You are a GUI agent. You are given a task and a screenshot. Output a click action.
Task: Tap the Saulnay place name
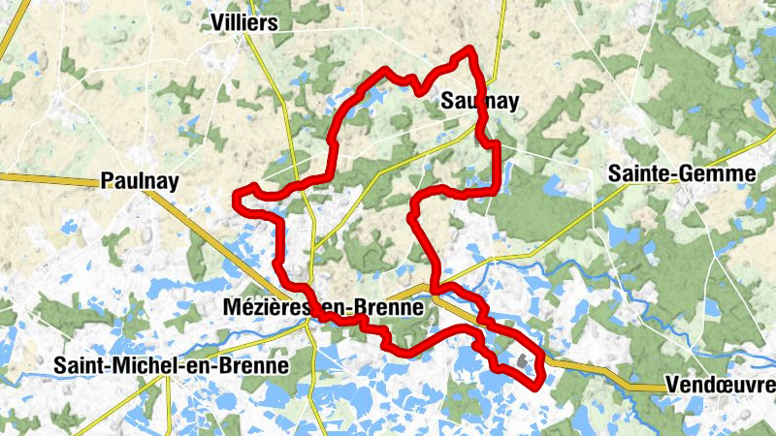click(x=479, y=101)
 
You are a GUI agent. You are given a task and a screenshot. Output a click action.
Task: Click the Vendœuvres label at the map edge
click(x=721, y=385)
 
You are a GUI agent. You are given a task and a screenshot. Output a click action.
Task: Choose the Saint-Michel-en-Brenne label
click(x=172, y=366)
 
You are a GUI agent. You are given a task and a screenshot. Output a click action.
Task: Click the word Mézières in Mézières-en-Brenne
click(x=253, y=308)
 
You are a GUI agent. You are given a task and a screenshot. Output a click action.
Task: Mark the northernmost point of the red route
click(x=470, y=47)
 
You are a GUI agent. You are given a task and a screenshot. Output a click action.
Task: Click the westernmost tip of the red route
click(x=237, y=200)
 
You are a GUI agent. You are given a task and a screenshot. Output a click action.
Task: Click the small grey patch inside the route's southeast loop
click(x=525, y=363)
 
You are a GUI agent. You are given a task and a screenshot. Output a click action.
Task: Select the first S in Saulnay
click(x=447, y=101)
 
